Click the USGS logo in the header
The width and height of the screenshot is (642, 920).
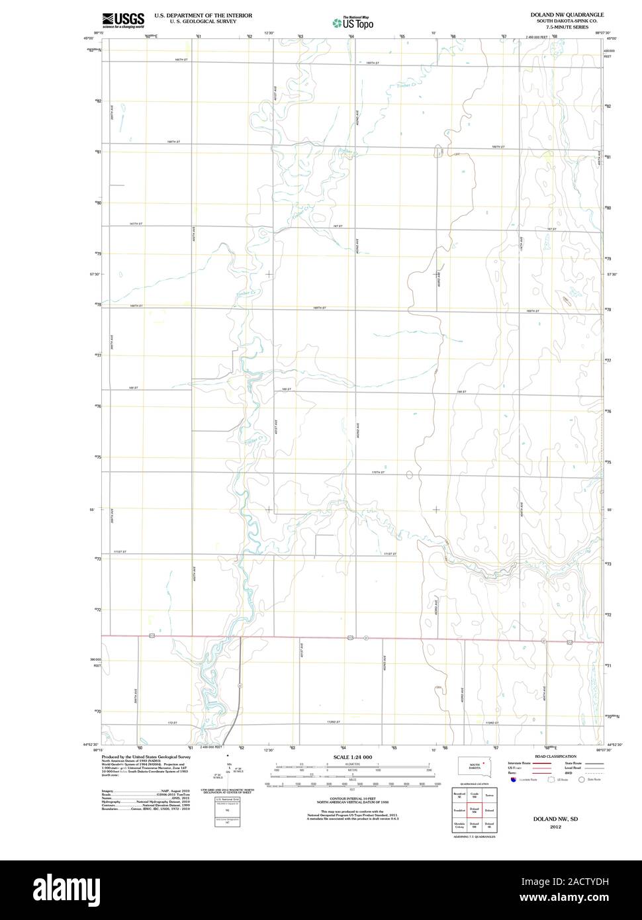(x=123, y=21)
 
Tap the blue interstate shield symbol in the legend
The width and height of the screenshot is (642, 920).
(x=512, y=780)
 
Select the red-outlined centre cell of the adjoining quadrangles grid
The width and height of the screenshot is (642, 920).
(x=474, y=809)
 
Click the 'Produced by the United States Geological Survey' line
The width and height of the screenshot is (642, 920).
(x=146, y=757)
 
